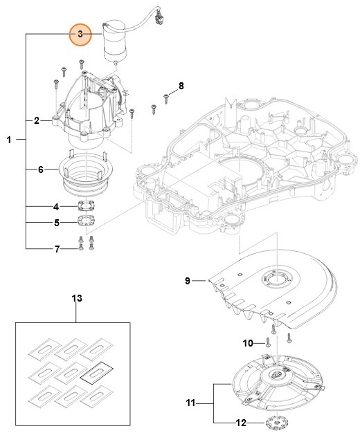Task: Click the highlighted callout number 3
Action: [80, 33]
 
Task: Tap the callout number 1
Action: [9, 140]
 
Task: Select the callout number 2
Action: [37, 120]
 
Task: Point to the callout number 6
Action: [40, 169]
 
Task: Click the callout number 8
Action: [181, 86]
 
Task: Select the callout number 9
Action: [186, 281]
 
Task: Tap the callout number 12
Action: [241, 423]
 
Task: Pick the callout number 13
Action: [76, 298]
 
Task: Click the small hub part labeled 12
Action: [275, 423]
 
